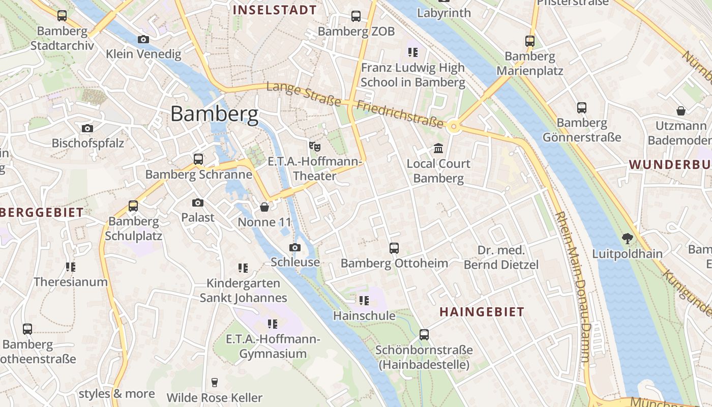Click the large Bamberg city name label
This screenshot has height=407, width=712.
[x=214, y=113]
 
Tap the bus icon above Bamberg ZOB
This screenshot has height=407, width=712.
[x=356, y=16]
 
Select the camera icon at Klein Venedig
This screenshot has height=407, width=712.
[x=143, y=39]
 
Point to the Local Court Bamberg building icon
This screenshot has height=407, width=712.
[x=438, y=149]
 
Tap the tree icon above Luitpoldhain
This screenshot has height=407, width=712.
[x=628, y=238]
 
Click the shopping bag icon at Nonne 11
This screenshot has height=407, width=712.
[x=264, y=207]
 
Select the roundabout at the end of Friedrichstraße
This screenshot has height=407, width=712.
[x=454, y=126]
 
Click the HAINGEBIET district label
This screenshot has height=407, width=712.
[x=482, y=312]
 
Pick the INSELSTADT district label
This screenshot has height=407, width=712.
[x=275, y=10]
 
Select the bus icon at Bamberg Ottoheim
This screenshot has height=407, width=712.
[x=394, y=248]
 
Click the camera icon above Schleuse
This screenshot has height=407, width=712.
[x=294, y=247]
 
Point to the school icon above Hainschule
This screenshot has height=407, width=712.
[x=364, y=301]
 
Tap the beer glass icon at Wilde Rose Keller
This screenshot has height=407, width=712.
[x=215, y=382]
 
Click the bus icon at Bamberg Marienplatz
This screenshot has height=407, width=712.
[x=530, y=41]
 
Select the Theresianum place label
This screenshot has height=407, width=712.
[x=71, y=282]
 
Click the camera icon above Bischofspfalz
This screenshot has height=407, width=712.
[x=87, y=128]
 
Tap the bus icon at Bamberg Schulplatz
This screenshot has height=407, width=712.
[x=133, y=206]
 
